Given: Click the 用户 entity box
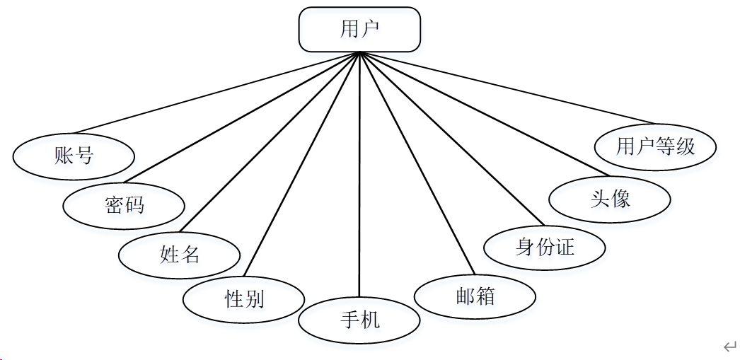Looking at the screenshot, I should [x=359, y=30].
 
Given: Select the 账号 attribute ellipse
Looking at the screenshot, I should [x=74, y=156].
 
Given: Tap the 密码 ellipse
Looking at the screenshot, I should [x=124, y=205].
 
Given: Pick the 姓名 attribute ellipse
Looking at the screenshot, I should [x=179, y=254].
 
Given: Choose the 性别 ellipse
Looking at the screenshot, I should [x=244, y=299].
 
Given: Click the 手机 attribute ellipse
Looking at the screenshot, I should [x=359, y=320].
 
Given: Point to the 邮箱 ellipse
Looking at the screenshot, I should [x=475, y=296].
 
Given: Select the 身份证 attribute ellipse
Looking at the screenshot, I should [x=545, y=247].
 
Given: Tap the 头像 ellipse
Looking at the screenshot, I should [x=610, y=199].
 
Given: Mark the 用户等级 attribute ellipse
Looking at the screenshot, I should [x=656, y=146].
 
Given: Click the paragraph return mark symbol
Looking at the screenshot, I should [x=729, y=346].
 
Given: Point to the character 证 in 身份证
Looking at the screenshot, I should [x=565, y=247].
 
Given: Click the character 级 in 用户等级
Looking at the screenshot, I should [x=686, y=146].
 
